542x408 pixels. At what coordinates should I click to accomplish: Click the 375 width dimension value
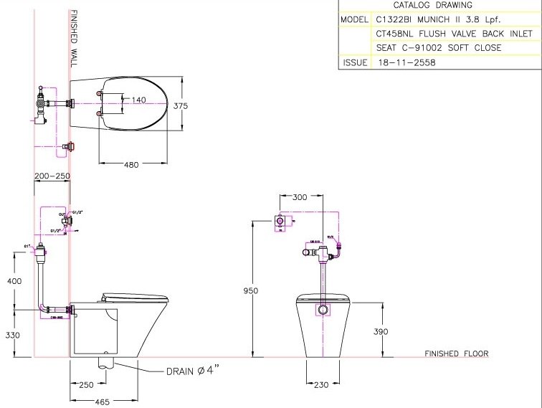[181, 105]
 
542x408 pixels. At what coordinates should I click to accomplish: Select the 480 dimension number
[131, 165]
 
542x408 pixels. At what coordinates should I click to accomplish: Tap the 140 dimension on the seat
[139, 100]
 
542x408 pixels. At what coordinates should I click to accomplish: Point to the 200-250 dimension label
[52, 176]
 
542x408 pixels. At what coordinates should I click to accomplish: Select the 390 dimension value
[381, 331]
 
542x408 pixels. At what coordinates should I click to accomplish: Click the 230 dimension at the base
[320, 385]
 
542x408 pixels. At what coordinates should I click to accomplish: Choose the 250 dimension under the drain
[86, 385]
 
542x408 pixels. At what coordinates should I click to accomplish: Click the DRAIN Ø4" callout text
[191, 371]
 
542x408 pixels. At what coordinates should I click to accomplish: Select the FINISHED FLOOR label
[456, 354]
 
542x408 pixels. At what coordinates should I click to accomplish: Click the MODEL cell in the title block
[354, 19]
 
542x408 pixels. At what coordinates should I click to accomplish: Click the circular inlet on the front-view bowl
[323, 310]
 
